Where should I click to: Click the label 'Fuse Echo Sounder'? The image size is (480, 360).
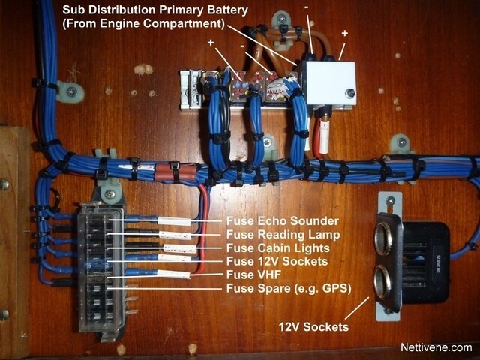coord(282,221)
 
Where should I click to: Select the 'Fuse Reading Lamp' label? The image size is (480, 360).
coord(283,235)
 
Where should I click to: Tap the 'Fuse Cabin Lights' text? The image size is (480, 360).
coord(278,248)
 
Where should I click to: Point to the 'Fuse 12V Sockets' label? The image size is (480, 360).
coord(277,262)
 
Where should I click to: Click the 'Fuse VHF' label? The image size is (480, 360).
coord(253,274)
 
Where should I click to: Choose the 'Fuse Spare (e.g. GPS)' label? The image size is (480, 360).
coord(289,288)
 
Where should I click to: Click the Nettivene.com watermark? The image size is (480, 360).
coord(436,347)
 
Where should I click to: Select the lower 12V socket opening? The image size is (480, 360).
coord(382,282)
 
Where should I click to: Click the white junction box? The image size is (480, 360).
coord(328,83)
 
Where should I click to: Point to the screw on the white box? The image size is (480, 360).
coord(349,93)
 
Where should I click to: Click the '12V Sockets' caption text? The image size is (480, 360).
coord(313,327)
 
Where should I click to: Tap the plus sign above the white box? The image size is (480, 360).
coord(345,33)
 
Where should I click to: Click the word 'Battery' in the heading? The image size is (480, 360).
coord(227,10)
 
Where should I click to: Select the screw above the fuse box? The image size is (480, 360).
coord(110,194)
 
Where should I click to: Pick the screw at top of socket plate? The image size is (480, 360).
coord(390,201)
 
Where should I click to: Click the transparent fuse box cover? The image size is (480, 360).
coord(101,269)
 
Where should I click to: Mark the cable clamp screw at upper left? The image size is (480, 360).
coord(72,91)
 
